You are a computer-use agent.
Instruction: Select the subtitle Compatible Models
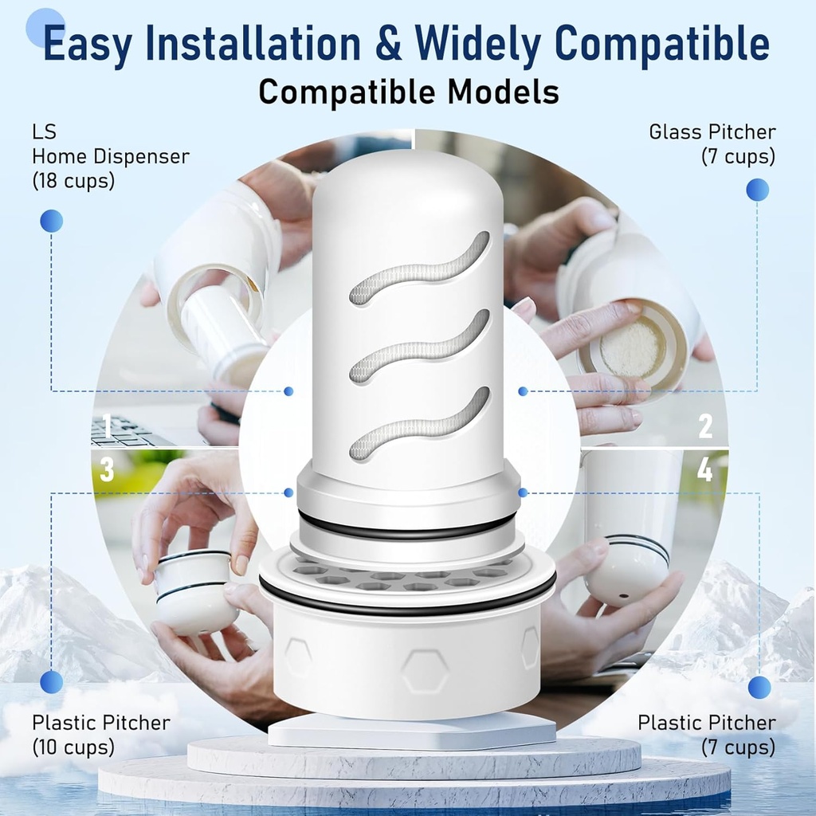click(408, 92)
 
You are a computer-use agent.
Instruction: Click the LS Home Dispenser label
click(110, 156)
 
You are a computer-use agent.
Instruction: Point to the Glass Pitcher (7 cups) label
click(712, 144)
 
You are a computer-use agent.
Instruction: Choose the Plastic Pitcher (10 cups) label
click(100, 735)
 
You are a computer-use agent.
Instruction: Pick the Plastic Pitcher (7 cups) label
click(706, 735)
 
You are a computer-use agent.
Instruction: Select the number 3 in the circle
click(107, 470)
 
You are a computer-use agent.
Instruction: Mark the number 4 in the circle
click(704, 470)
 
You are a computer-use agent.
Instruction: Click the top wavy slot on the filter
click(419, 269)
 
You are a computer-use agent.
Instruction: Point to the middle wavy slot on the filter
click(419, 347)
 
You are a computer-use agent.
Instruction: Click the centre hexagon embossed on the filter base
click(424, 669)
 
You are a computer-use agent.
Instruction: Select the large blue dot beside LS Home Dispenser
click(51, 221)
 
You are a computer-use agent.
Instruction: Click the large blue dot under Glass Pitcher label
click(757, 190)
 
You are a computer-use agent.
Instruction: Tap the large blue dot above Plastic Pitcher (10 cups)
click(51, 681)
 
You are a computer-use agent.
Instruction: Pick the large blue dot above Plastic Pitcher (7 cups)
click(759, 687)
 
